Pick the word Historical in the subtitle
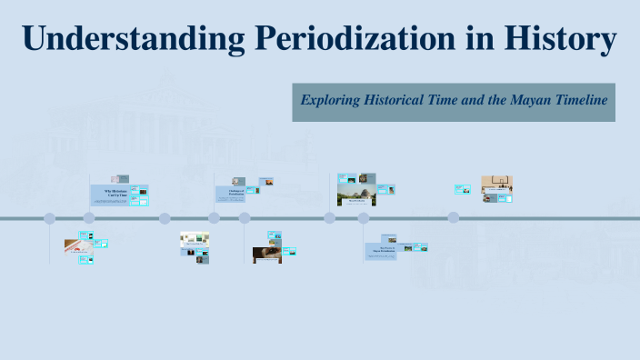401,100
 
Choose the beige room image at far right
496,187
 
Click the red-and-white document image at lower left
76,245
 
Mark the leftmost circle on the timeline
50,218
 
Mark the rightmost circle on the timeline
454,218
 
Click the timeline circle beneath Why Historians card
89,218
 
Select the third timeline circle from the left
165,218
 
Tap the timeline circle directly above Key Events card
363,218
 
